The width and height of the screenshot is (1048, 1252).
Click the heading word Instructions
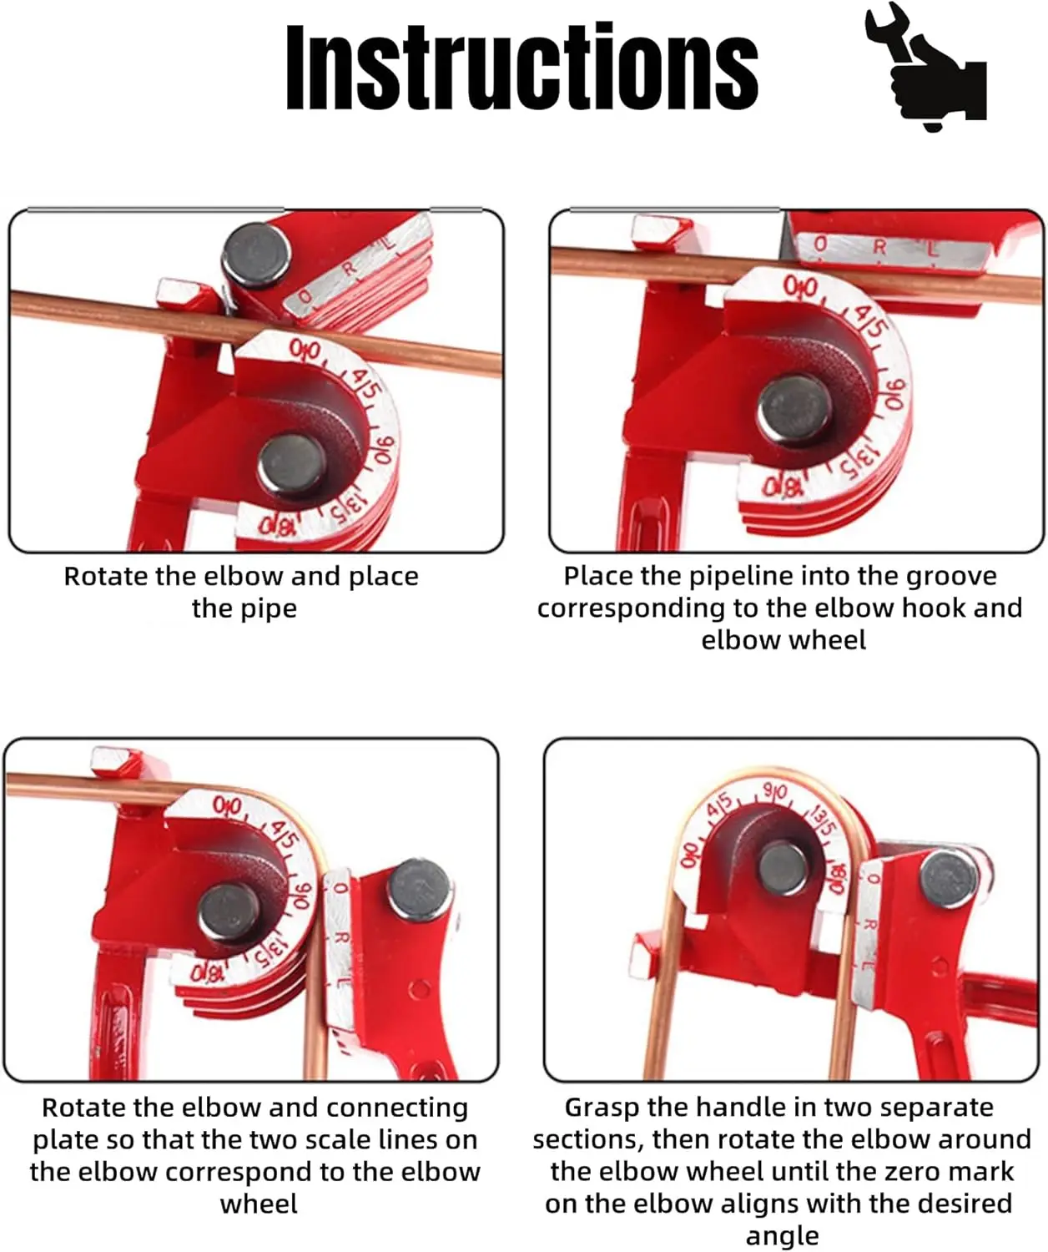(x=522, y=67)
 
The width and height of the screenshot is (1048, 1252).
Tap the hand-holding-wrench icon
(x=925, y=66)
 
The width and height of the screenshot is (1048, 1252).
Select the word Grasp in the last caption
(x=603, y=1108)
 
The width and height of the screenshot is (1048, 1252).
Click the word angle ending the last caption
(x=783, y=1236)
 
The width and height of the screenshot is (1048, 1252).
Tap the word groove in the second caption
(x=951, y=576)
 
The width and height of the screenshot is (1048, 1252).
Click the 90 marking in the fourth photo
(x=776, y=792)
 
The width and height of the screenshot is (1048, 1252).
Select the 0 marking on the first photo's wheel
(x=305, y=349)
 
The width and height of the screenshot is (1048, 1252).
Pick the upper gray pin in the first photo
(x=257, y=255)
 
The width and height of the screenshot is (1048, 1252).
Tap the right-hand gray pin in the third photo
(x=419, y=889)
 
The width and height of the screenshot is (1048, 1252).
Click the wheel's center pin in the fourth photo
(x=783, y=868)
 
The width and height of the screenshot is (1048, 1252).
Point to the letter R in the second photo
(x=879, y=246)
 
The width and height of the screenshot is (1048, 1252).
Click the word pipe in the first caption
(x=244, y=608)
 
